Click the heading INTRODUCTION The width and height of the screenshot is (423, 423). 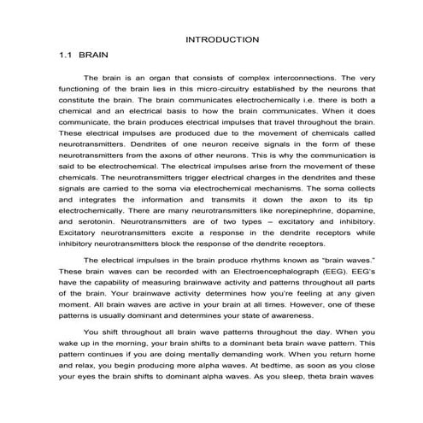pos(222,39)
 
